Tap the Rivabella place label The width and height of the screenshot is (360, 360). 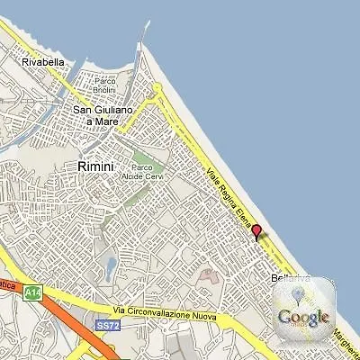[43, 62]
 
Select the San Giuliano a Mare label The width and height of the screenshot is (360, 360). [103, 115]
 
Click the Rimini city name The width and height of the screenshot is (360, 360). [95, 167]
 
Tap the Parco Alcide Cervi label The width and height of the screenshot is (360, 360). [141, 172]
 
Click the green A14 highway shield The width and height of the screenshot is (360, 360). [32, 292]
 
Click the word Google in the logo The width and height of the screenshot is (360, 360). [302, 317]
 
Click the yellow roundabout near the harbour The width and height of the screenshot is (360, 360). [157, 87]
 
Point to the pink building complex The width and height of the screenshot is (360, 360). [210, 274]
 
